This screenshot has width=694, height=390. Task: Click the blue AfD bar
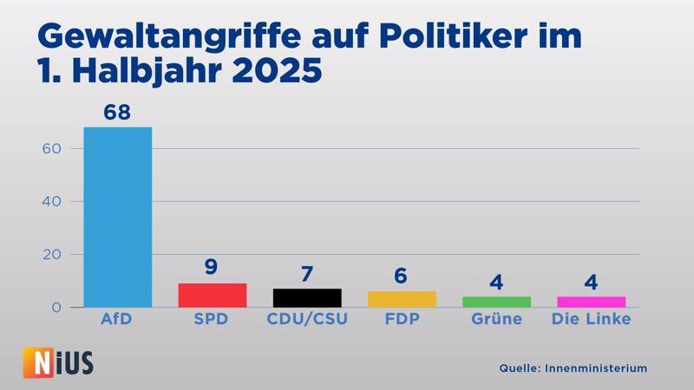click(117, 217)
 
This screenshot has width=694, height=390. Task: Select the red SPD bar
click(212, 296)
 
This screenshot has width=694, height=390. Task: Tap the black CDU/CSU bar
click(307, 298)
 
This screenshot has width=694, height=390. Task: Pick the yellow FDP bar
click(402, 299)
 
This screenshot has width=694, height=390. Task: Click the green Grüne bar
click(496, 302)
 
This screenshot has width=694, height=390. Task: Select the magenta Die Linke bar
click(591, 302)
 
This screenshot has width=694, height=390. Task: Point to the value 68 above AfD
click(117, 113)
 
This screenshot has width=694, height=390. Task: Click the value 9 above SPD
click(212, 267)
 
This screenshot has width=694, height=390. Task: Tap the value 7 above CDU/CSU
click(307, 273)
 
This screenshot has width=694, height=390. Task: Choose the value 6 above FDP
click(402, 276)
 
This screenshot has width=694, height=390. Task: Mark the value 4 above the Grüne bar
click(496, 282)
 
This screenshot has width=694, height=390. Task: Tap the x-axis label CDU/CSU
click(307, 320)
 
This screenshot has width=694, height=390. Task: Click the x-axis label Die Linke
click(591, 320)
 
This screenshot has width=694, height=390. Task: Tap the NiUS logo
click(57, 361)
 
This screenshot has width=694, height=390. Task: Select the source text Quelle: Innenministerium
click(573, 368)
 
